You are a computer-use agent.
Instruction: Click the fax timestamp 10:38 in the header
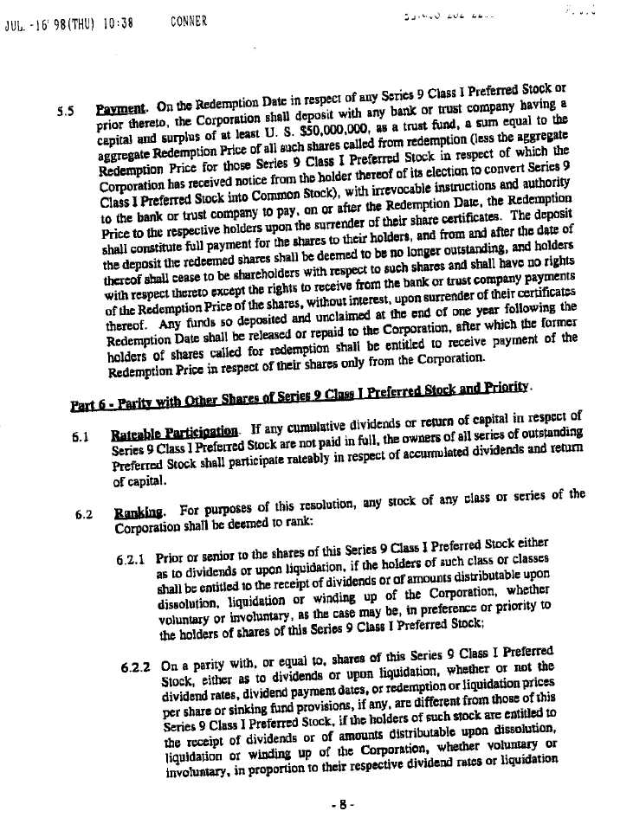point(116,23)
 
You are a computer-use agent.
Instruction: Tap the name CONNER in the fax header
point(189,20)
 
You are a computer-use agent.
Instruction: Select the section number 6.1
point(82,437)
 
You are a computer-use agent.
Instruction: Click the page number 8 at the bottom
point(344,803)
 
